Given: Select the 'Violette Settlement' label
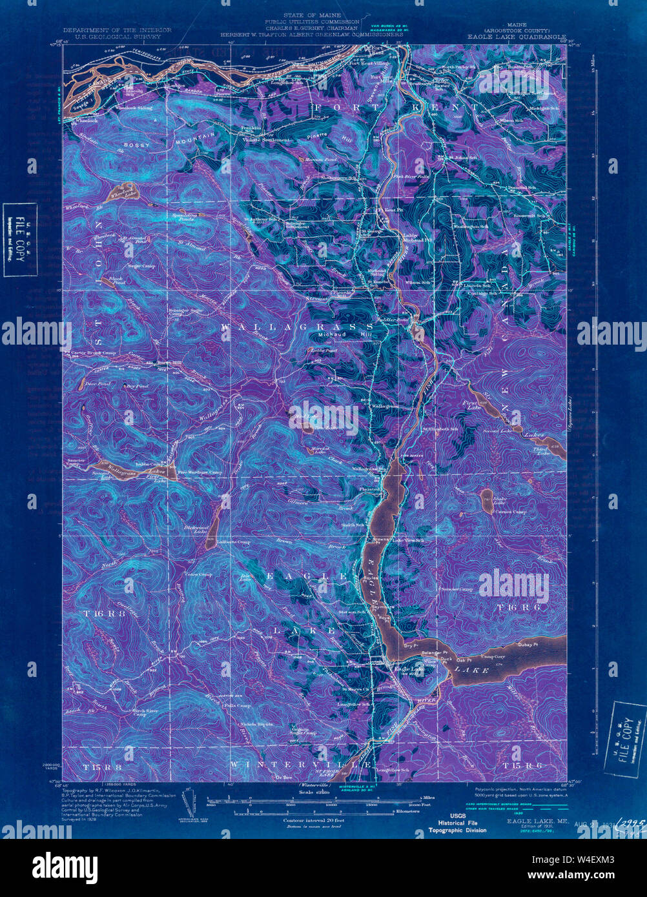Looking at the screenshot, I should [x=266, y=139].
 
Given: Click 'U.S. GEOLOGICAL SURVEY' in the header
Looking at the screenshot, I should [x=117, y=37].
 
